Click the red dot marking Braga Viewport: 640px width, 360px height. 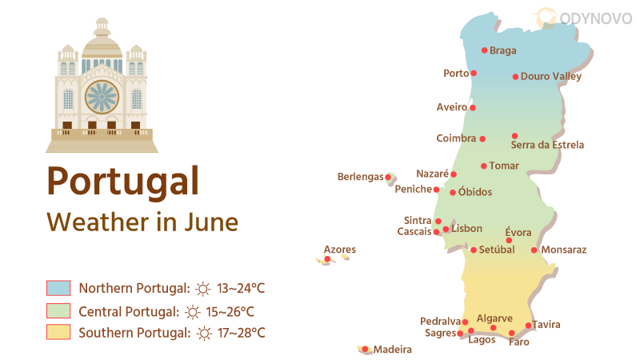pyautogui.click(x=484, y=50)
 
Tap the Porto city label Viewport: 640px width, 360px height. pyautogui.click(x=456, y=74)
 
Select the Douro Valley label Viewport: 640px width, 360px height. pyautogui.click(x=550, y=77)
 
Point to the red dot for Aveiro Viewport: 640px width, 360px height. pyautogui.click(x=473, y=107)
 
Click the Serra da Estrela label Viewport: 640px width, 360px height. pyautogui.click(x=547, y=146)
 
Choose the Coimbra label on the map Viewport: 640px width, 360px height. pyautogui.click(x=456, y=138)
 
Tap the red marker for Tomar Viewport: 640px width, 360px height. pyautogui.click(x=483, y=166)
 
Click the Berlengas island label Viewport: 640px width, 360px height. pyautogui.click(x=360, y=177)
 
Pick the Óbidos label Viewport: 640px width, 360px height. pyautogui.click(x=475, y=192)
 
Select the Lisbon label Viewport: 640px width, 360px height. pyautogui.click(x=466, y=229)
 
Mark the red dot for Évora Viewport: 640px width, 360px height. pyautogui.click(x=509, y=240)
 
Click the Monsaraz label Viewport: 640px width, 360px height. pyautogui.click(x=564, y=250)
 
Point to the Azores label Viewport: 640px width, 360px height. pyautogui.click(x=340, y=250)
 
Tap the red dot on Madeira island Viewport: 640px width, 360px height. pyautogui.click(x=365, y=349)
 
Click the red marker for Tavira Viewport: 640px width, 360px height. pyautogui.click(x=528, y=326)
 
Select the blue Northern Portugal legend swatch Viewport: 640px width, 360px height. pyautogui.click(x=59, y=288)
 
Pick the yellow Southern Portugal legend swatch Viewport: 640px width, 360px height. pyautogui.click(x=59, y=332)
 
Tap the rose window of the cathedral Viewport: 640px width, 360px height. pyautogui.click(x=102, y=97)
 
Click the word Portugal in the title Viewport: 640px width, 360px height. pyautogui.click(x=122, y=180)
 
